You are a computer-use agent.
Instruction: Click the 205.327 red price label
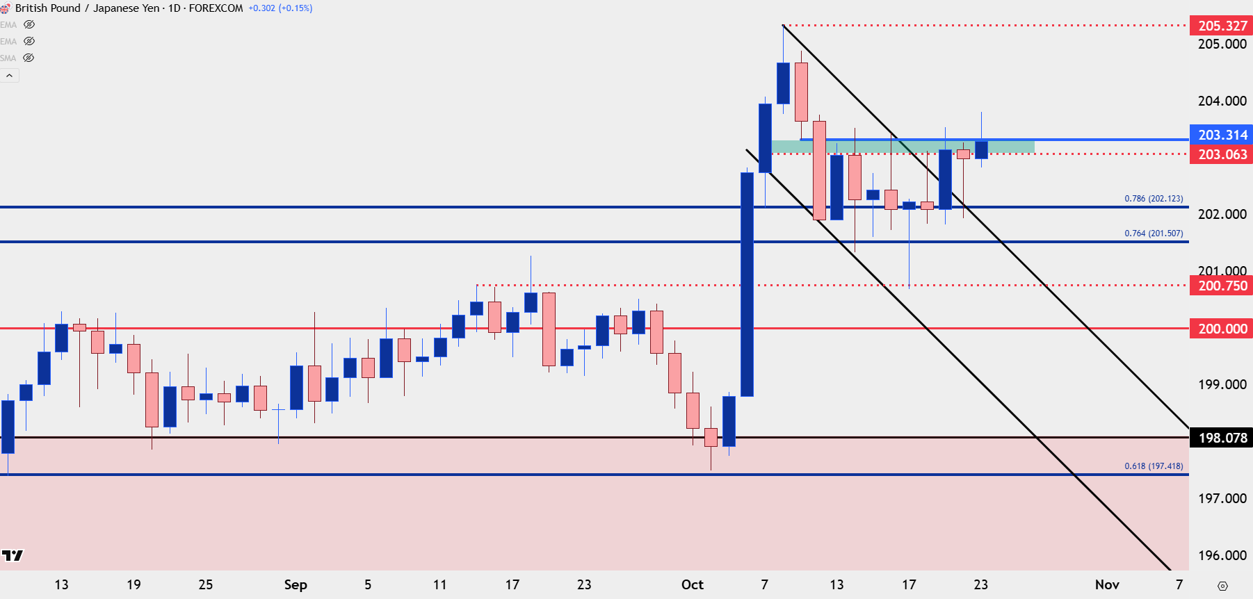1222,26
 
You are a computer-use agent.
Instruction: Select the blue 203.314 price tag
1222,135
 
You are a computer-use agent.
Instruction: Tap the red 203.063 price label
1222,154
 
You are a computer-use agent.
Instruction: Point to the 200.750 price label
1222,286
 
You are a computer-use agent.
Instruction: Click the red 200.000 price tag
1222,329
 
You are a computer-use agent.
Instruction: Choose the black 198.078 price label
1222,438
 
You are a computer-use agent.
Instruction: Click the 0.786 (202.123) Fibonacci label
1154,199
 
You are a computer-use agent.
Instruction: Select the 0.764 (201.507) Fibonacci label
1154,233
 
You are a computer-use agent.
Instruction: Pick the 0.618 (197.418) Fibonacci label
1154,466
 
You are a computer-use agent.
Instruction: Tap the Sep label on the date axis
296,584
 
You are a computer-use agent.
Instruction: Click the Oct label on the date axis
692,584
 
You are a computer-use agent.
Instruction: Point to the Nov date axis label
1107,584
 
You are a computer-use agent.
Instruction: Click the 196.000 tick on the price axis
1222,555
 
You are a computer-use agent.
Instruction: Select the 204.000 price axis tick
1222,101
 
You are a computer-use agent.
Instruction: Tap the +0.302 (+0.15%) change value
280,8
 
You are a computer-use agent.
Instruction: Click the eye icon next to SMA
29,58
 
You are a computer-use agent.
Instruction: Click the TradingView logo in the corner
13,555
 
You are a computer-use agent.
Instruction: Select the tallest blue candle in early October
747,284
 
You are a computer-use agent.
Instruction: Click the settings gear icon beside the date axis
1222,586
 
